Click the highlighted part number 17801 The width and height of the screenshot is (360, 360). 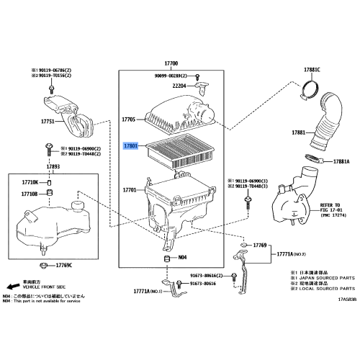130,145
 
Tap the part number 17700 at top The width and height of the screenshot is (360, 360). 171,64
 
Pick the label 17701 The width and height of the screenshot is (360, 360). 130,190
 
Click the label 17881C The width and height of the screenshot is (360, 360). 311,69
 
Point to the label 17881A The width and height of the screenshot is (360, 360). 341,161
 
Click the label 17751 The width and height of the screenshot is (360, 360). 48,122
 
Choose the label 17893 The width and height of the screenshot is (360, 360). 53,167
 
